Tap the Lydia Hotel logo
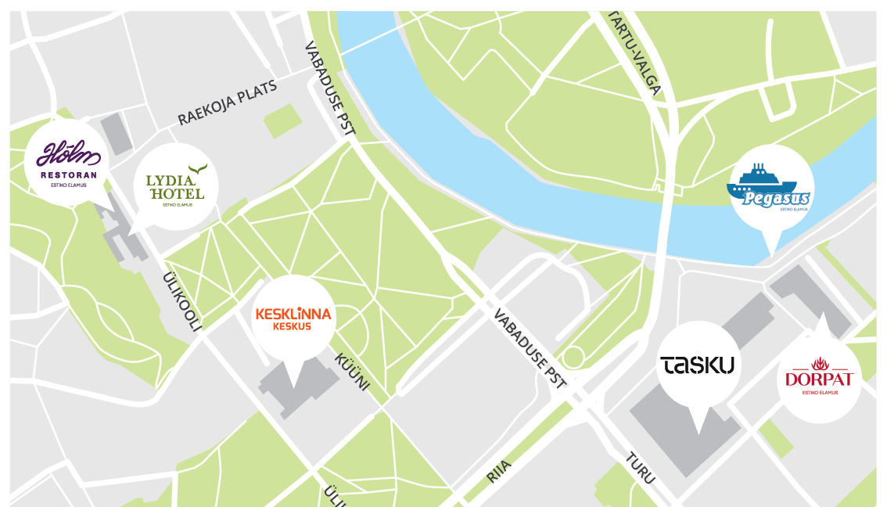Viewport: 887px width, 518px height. pos(175,186)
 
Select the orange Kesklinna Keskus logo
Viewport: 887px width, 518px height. pos(293,318)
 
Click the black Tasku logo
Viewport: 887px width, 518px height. pos(698,365)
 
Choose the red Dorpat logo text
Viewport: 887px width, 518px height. pos(819,380)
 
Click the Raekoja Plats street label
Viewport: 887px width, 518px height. pos(227,103)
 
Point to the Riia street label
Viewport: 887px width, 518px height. pos(498,472)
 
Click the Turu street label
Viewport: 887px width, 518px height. pos(639,468)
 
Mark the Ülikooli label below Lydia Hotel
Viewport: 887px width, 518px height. pos(182,301)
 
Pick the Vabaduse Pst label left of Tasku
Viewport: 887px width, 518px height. pos(529,349)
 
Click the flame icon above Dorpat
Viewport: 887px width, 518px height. pos(819,363)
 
